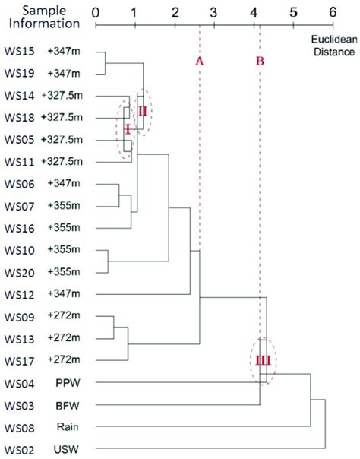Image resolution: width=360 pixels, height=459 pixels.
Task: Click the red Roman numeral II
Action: [x=143, y=111]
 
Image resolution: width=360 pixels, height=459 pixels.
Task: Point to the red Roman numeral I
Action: [x=128, y=129]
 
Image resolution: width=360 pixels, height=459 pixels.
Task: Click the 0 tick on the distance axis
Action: [x=95, y=13]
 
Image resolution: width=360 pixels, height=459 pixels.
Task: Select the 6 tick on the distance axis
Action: [x=332, y=13]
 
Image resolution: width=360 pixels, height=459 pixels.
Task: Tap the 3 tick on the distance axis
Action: [x=213, y=13]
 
